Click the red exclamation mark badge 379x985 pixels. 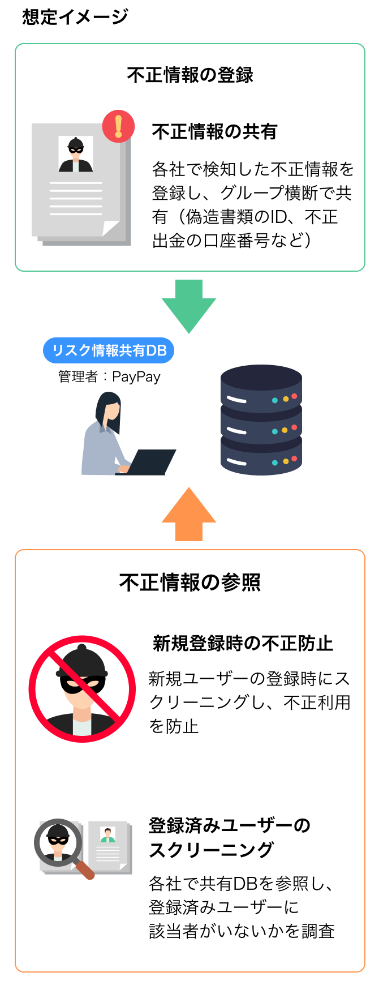(119, 126)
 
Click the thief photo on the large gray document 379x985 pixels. (76, 154)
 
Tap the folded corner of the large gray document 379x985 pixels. (110, 228)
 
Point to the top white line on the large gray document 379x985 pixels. (76, 183)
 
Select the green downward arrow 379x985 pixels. (189, 306)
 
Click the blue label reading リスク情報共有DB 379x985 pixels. (109, 350)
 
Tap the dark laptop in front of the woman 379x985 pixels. (152, 462)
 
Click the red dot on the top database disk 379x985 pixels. (294, 396)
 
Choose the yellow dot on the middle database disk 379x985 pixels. (285, 430)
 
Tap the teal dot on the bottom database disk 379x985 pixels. (275, 462)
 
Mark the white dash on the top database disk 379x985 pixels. (236, 400)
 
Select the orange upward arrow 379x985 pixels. (189, 512)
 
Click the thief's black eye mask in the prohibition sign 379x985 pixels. (83, 684)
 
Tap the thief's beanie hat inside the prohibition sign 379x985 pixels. (83, 662)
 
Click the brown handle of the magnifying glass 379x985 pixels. (86, 871)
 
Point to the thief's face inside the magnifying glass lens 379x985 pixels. (58, 841)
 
